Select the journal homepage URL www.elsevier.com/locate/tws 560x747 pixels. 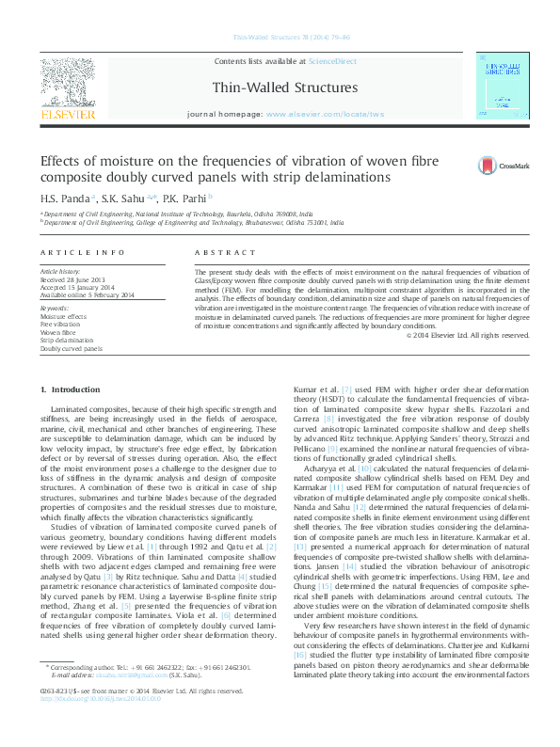(326, 114)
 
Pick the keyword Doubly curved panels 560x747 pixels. (71, 348)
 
